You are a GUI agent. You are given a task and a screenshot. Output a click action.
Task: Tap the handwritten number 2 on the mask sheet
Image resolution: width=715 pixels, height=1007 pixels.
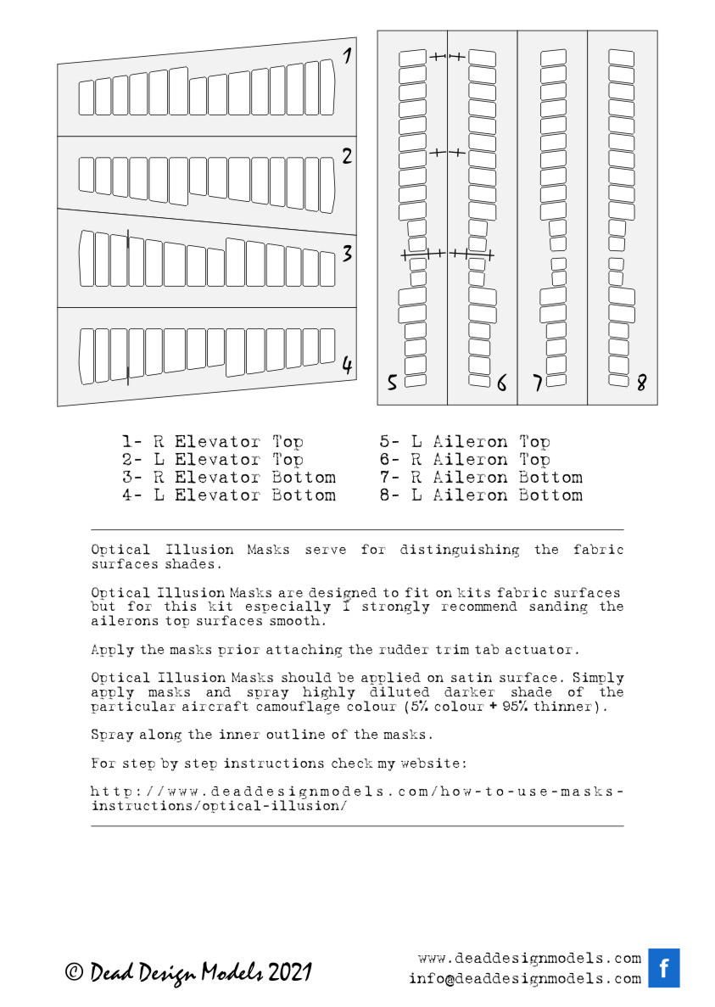pyautogui.click(x=346, y=156)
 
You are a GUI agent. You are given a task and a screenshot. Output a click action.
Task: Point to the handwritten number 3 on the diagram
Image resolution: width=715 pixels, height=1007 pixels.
pyautogui.click(x=346, y=254)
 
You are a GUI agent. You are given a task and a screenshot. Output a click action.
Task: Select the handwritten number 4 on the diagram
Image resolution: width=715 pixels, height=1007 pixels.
pyautogui.click(x=346, y=366)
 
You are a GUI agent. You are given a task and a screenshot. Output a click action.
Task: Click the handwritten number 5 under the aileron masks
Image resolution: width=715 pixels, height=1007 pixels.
pyautogui.click(x=392, y=383)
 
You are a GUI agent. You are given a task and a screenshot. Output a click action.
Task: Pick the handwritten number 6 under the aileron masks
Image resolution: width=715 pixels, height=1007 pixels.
pyautogui.click(x=501, y=383)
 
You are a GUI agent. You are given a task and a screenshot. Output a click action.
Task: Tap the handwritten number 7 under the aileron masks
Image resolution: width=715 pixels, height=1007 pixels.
pyautogui.click(x=537, y=383)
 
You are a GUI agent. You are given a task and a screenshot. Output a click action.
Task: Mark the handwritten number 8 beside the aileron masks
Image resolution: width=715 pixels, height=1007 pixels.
pyautogui.click(x=641, y=383)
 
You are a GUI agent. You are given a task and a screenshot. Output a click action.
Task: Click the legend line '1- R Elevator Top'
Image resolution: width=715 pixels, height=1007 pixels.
pyautogui.click(x=212, y=442)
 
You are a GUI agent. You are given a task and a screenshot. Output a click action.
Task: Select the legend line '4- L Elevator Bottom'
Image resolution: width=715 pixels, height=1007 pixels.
pyautogui.click(x=228, y=495)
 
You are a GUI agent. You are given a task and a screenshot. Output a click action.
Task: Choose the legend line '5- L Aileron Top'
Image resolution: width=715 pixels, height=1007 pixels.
pyautogui.click(x=465, y=442)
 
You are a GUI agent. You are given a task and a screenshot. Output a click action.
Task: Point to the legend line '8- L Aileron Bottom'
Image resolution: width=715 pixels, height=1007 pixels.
pyautogui.click(x=481, y=495)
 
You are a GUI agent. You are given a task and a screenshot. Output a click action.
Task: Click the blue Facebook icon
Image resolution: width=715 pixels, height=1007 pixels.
pyautogui.click(x=664, y=968)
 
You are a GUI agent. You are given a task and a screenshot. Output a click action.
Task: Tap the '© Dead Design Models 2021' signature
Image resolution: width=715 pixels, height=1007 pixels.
pyautogui.click(x=188, y=972)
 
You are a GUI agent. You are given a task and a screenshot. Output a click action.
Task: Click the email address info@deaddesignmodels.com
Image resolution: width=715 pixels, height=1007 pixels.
pyautogui.click(x=524, y=978)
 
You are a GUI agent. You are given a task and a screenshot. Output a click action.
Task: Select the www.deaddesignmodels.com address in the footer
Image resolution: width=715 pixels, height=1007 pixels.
pyautogui.click(x=529, y=959)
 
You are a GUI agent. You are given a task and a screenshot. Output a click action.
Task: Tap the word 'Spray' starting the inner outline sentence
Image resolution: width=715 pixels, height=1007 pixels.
pyautogui.click(x=112, y=735)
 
